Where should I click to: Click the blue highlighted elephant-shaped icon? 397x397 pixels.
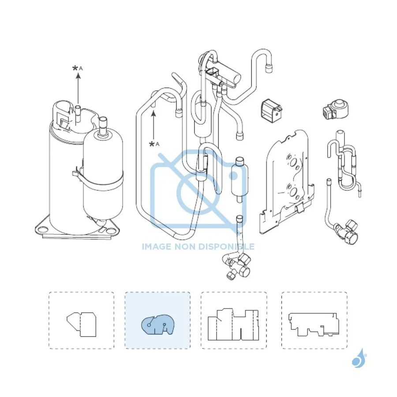click(x=157, y=324)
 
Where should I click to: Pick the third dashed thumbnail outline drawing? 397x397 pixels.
click(x=233, y=324)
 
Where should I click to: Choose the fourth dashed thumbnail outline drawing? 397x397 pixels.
click(x=314, y=324)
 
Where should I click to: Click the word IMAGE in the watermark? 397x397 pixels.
click(x=157, y=246)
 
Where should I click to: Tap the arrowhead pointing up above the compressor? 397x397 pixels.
click(x=78, y=75)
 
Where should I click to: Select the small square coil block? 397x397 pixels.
click(x=272, y=111)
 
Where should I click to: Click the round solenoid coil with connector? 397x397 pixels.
click(x=336, y=109)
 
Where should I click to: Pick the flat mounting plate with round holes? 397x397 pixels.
click(x=286, y=182)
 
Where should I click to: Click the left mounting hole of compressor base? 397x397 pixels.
click(x=42, y=230)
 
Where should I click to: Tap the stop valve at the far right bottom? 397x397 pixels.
click(x=346, y=232)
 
